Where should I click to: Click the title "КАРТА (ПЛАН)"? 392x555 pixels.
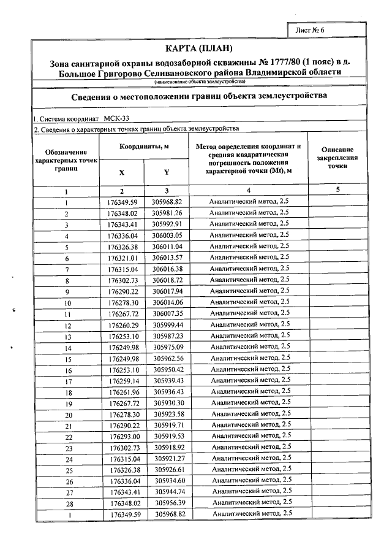coord(200,48)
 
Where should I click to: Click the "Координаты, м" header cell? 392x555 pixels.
coord(144,147)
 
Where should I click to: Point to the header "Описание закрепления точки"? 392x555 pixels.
coord(337,158)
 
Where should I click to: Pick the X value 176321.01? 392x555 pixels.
coord(123,258)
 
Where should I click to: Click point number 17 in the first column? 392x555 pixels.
coord(66,381)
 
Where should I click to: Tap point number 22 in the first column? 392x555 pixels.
coord(66,437)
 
